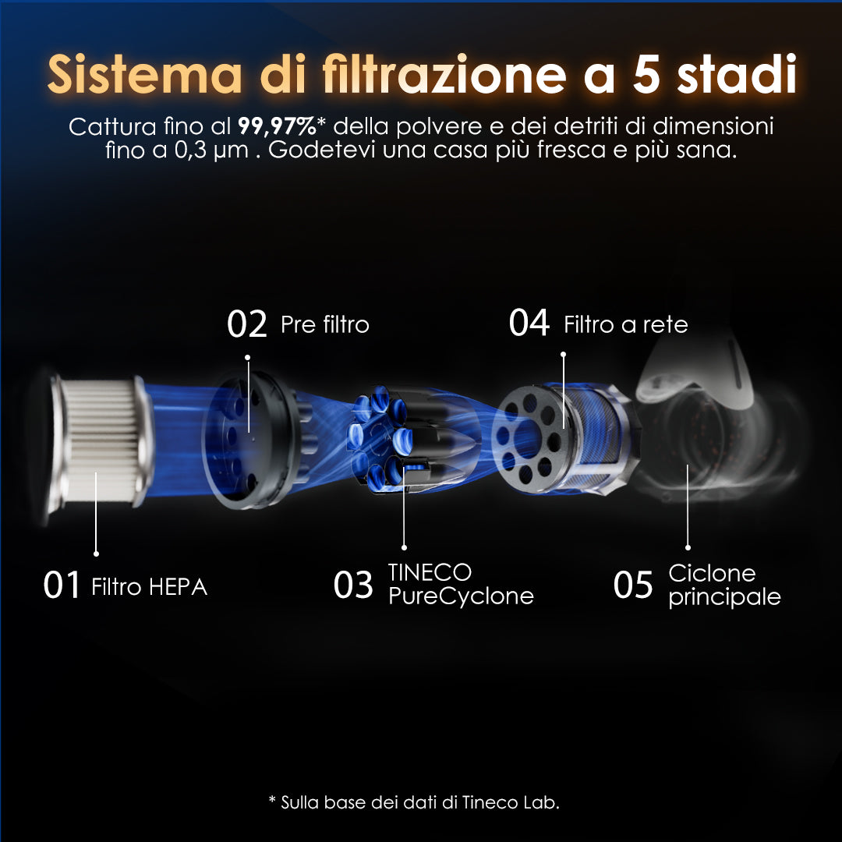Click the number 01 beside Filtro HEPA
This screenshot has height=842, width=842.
click(62, 585)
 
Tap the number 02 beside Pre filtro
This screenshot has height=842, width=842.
click(247, 324)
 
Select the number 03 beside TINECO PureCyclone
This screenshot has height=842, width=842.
click(353, 585)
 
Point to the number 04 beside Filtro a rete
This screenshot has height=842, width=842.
click(529, 323)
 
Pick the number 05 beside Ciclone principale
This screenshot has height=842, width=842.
click(633, 585)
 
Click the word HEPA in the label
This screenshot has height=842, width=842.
click(179, 587)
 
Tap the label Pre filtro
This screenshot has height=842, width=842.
click(325, 324)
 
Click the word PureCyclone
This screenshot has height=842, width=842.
click(461, 596)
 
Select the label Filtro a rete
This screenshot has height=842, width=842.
click(625, 324)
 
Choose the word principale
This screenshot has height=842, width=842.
click(724, 597)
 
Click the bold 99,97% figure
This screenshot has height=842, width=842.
click(277, 127)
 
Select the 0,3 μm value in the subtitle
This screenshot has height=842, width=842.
click(211, 150)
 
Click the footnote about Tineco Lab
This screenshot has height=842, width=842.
click(414, 802)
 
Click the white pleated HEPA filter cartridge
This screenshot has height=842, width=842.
click(99, 441)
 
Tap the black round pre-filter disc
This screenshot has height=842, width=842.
click(253, 440)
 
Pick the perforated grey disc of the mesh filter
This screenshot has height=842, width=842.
click(527, 438)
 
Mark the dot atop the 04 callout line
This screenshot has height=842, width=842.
click(563, 355)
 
